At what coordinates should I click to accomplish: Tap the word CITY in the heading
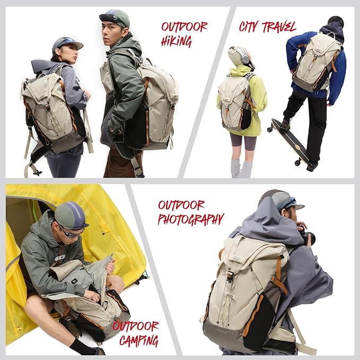click(251, 27)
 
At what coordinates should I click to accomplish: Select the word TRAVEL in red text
click(280, 26)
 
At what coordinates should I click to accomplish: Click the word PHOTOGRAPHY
click(191, 219)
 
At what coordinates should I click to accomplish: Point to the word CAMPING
click(139, 340)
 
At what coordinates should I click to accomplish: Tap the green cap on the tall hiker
click(115, 17)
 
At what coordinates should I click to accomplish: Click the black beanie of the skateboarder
click(336, 21)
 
